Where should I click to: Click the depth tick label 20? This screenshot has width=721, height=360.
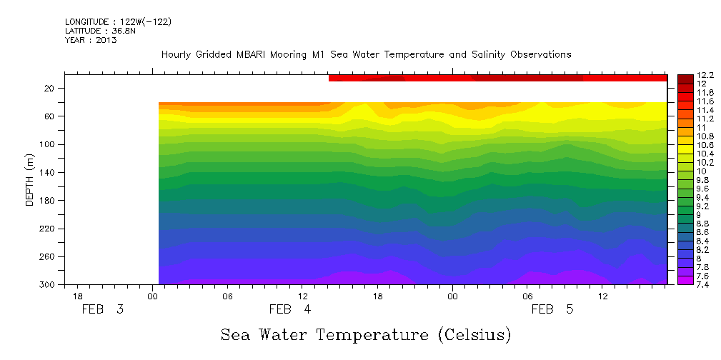point(49,88)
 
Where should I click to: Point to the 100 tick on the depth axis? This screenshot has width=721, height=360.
point(47,144)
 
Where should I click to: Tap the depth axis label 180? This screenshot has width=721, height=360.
point(47,201)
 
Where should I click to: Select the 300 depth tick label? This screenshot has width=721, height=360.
point(47,285)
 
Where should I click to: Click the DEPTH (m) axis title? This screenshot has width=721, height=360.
point(30,179)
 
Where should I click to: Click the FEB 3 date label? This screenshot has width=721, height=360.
point(104,309)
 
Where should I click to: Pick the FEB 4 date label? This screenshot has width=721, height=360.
point(290,309)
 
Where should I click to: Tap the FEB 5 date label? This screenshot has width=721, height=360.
point(552,309)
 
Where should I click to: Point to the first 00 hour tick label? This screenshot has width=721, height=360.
point(153,296)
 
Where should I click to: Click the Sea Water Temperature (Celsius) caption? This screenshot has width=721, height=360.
point(365,334)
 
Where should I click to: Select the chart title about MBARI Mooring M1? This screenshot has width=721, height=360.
point(366,54)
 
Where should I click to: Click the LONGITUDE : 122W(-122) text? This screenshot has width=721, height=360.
point(118,22)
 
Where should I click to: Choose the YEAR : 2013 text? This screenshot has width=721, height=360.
point(91,40)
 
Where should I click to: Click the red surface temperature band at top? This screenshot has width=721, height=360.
point(497,78)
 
